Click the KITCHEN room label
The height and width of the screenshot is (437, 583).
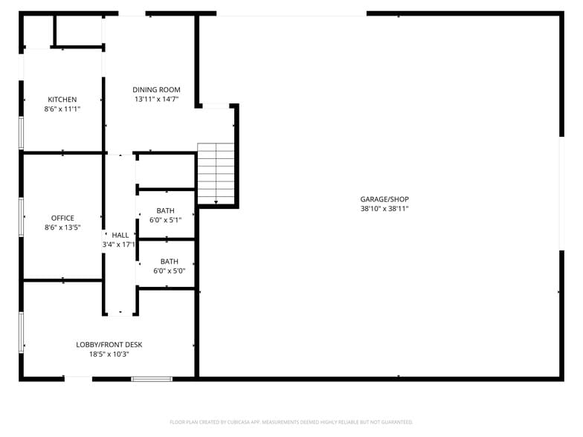point(62,100)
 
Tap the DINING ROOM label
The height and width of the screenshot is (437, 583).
point(156,90)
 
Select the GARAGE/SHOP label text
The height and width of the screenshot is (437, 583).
point(384,199)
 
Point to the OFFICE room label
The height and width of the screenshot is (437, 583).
point(62,218)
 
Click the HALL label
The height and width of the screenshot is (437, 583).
point(120,235)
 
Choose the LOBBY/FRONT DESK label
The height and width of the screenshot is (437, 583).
point(109,345)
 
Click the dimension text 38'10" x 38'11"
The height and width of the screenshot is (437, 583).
point(384,209)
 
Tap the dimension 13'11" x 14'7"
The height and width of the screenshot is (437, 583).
point(157,100)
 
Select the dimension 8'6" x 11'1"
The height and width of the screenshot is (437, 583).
point(62,109)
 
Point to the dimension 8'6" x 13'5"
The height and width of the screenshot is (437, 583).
point(62,228)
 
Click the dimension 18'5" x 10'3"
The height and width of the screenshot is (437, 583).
point(109,355)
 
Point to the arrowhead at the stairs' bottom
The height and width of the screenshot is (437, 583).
point(216,201)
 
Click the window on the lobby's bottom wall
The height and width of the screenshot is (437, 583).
point(152,379)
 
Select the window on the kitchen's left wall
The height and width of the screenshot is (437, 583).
point(22,132)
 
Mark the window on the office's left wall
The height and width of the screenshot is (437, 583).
point(22,217)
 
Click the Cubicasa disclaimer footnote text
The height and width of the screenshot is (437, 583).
point(291,422)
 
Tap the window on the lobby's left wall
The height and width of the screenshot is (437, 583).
point(22,331)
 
